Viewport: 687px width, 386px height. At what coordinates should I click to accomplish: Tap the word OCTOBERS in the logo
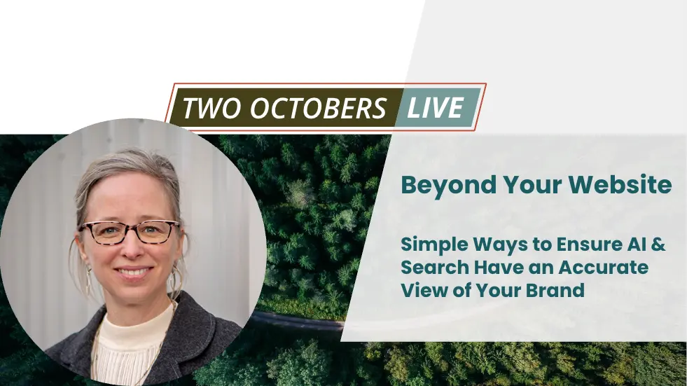click(x=319, y=108)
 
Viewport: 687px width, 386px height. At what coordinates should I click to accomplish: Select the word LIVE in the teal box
click(x=435, y=108)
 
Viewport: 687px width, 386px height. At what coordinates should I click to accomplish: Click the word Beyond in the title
click(x=447, y=186)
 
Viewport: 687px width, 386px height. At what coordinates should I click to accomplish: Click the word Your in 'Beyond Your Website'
click(x=532, y=184)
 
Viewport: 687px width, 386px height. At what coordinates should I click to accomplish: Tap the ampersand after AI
click(x=658, y=244)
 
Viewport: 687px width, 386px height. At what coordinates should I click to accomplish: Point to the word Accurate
click(x=604, y=268)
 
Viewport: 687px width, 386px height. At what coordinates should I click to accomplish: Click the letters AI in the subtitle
click(x=636, y=244)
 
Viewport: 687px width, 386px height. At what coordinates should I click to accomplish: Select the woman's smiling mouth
click(x=134, y=272)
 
